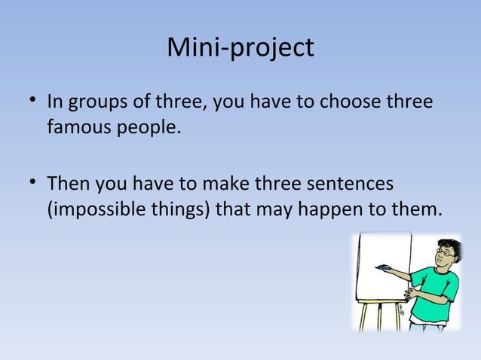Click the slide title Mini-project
240,48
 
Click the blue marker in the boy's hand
387,267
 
